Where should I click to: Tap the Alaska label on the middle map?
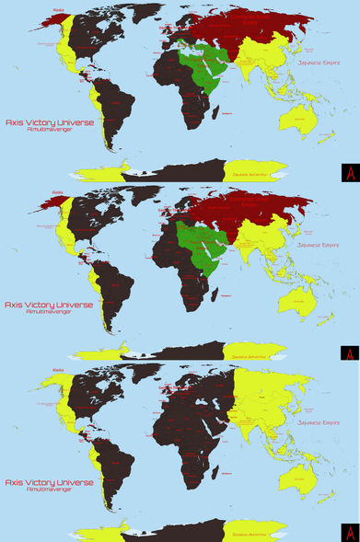coord(58,192)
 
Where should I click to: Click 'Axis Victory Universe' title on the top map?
coord(49,121)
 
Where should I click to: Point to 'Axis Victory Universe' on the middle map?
coord(49,303)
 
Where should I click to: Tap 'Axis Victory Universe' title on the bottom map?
coord(49,481)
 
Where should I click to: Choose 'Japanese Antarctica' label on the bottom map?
coord(250,533)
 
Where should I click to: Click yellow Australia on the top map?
coord(301,115)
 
